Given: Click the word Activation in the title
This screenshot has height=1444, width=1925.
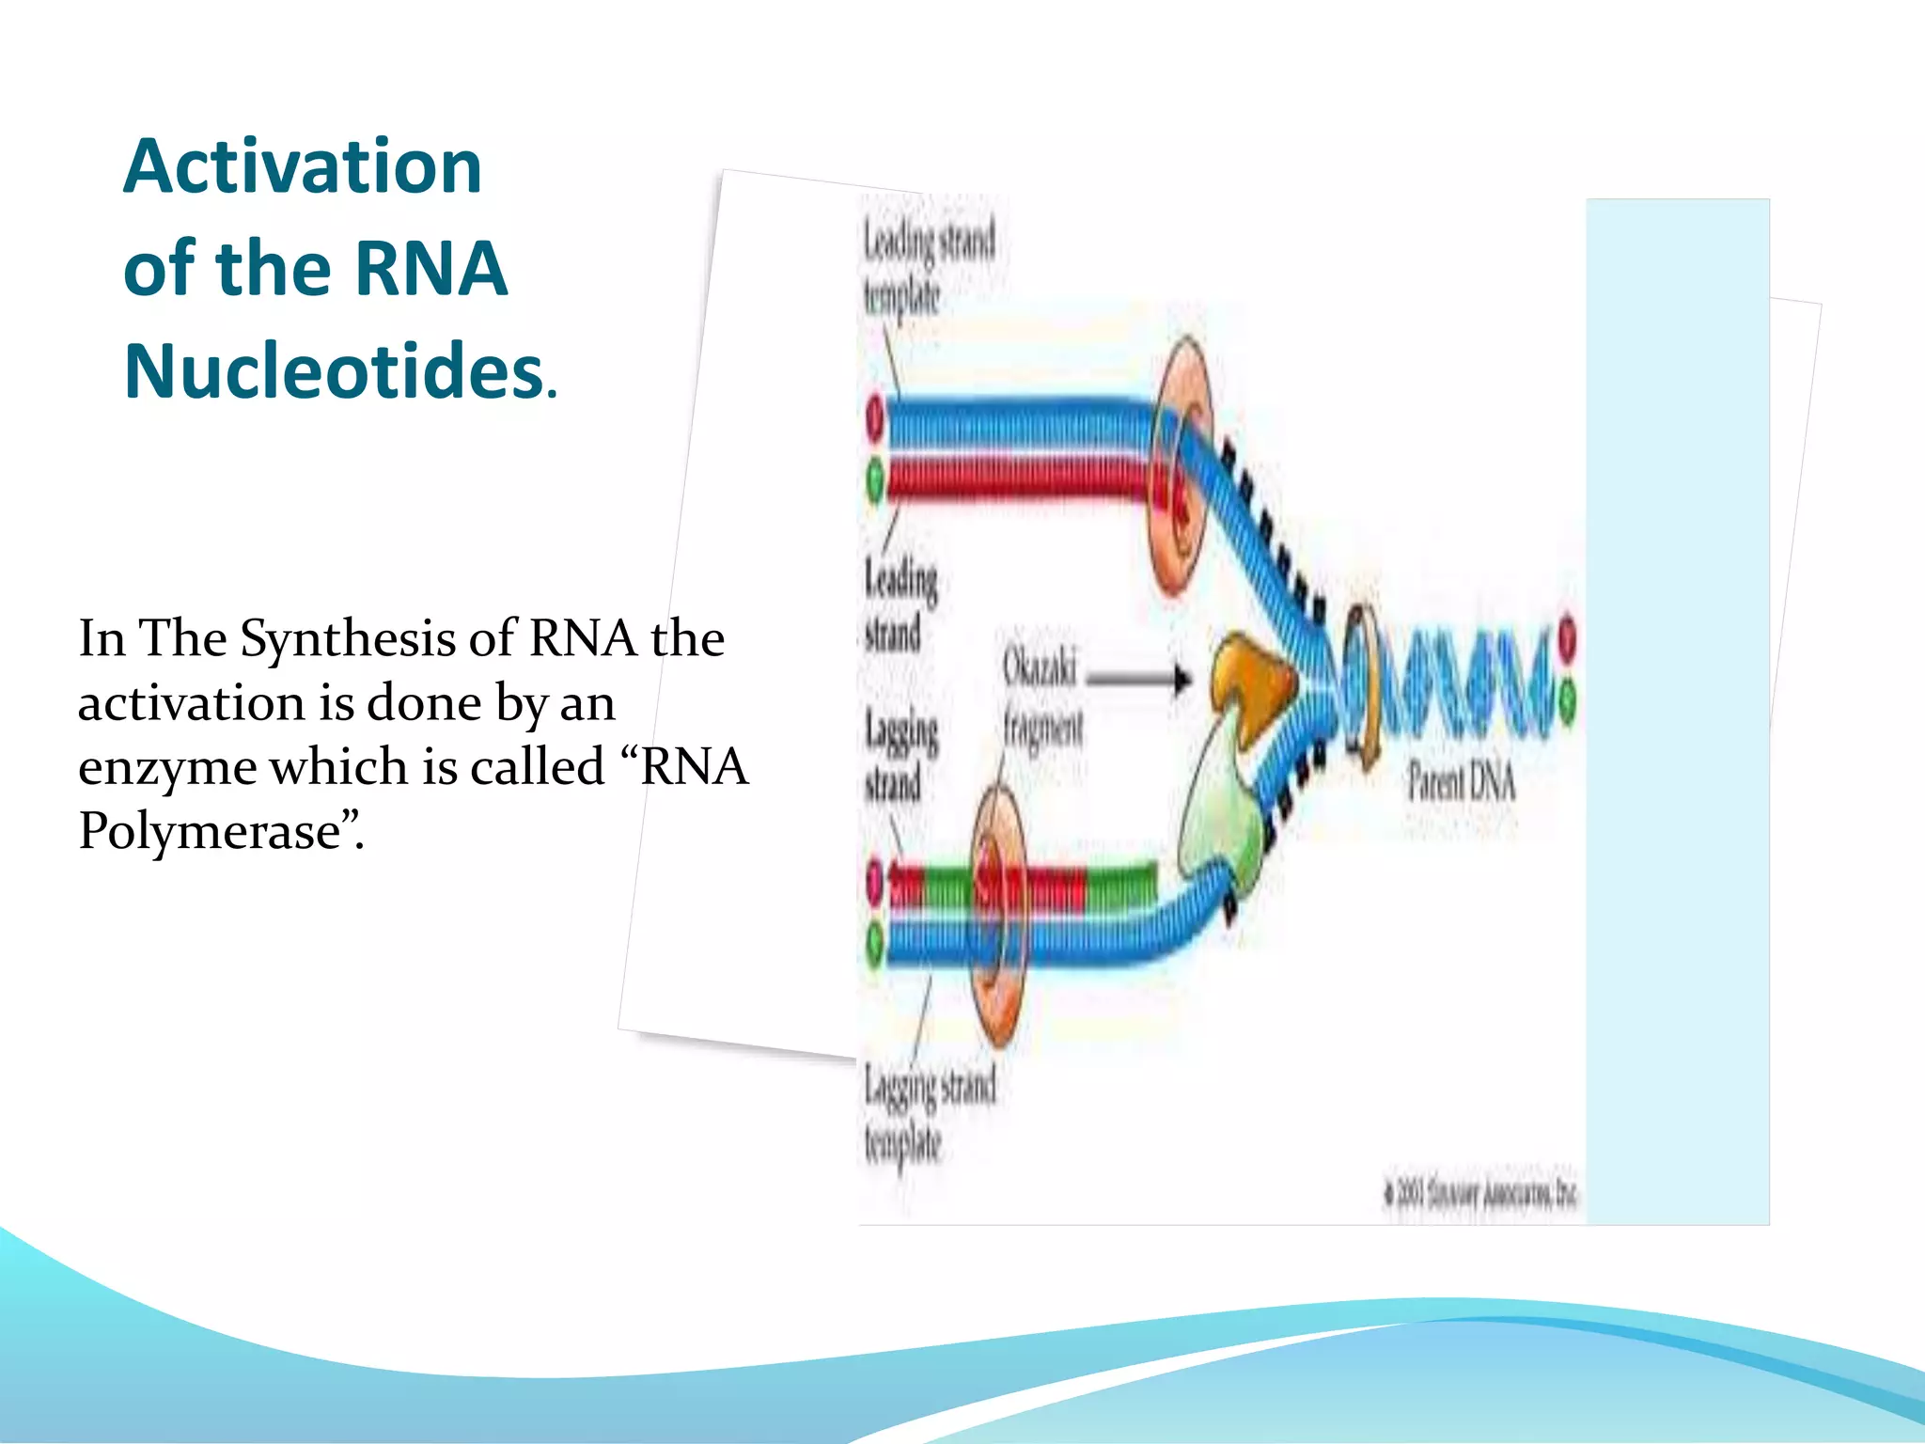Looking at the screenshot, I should click(303, 167).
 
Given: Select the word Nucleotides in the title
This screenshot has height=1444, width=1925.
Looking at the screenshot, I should click(335, 372).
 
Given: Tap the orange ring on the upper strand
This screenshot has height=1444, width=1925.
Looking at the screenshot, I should click(1182, 465).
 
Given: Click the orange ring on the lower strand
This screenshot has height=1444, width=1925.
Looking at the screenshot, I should click(998, 917).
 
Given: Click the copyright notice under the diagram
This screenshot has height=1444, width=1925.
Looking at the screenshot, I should click(1481, 1194).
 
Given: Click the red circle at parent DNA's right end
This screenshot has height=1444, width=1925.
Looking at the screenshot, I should click(1567, 638).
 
